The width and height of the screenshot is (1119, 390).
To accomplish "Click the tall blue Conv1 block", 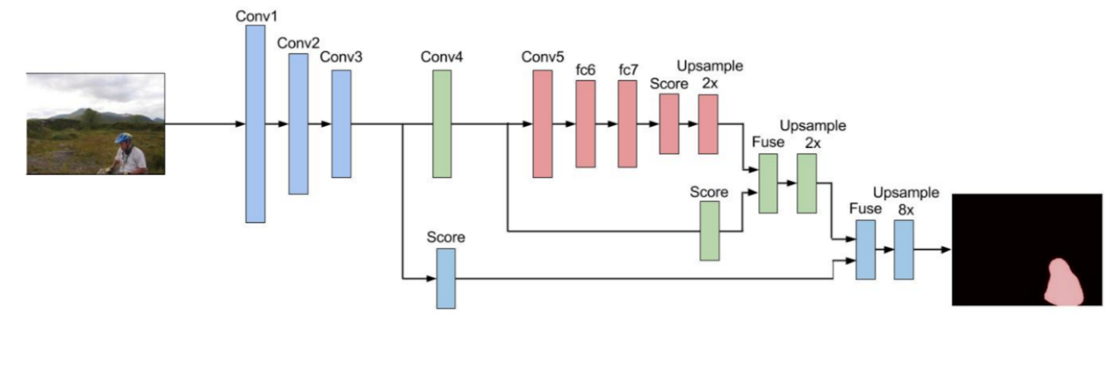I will (256, 124).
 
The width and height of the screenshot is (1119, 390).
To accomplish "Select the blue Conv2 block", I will (298, 124).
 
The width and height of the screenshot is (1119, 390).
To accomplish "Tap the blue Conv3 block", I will (341, 124).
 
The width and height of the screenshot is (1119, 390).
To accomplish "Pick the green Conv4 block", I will (442, 124).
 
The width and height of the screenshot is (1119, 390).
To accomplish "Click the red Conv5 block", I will (543, 124).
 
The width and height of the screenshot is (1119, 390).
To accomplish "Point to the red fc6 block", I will (585, 124).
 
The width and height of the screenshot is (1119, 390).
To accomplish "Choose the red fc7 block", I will (628, 124).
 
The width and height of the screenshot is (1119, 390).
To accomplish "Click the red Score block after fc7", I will (669, 124).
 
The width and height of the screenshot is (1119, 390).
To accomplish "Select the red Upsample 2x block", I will (708, 124).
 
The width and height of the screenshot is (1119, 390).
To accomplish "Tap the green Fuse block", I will (768, 183).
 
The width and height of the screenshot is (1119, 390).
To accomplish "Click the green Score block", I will (710, 231).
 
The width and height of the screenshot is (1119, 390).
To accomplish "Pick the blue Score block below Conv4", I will (446, 278).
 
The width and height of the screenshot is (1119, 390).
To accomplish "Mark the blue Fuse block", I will (866, 250).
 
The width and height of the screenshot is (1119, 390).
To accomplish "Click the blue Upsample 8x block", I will (904, 250).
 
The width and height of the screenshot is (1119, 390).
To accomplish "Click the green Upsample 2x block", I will (807, 183).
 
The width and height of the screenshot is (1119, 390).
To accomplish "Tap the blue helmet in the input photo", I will (124, 138).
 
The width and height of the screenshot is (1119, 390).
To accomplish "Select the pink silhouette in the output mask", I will (1063, 284).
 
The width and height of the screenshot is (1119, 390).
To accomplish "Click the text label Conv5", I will (542, 57).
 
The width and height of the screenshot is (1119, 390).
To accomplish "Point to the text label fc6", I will (585, 70).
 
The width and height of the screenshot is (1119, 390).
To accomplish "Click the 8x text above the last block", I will (906, 210).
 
